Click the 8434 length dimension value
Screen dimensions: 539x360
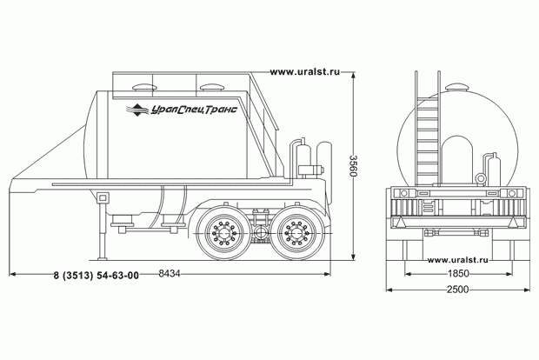pyautogui.click(x=170, y=273)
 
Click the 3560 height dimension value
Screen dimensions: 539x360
pyautogui.click(x=353, y=166)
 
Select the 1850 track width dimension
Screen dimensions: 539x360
pyautogui.click(x=458, y=273)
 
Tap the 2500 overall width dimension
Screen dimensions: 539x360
pyautogui.click(x=458, y=290)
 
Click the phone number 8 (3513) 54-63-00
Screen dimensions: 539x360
pyautogui.click(x=96, y=276)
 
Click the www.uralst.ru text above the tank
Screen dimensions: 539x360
pyautogui.click(x=305, y=72)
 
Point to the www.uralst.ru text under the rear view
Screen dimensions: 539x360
pyautogui.click(x=457, y=260)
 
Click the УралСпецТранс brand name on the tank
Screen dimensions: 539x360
pyautogui.click(x=194, y=110)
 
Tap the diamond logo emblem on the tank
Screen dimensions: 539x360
pyautogui.click(x=137, y=110)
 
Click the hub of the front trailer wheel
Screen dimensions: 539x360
pyautogui.click(x=223, y=233)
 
